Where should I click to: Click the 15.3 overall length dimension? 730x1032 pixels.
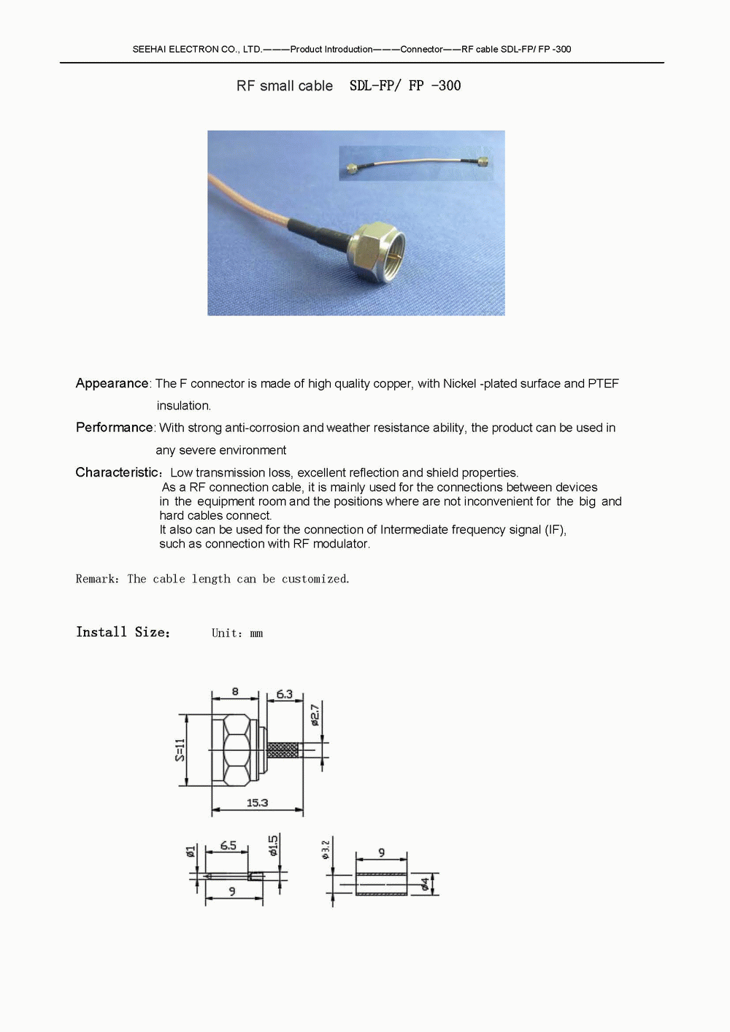tap(257, 802)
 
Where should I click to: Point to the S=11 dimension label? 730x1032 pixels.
tap(180, 750)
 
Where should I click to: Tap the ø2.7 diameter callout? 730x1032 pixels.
tap(315, 715)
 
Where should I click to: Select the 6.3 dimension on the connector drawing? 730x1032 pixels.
tap(284, 693)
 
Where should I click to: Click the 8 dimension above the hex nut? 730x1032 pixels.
tap(235, 691)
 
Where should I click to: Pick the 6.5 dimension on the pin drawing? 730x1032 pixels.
tap(228, 845)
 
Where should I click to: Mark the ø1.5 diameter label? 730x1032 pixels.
tap(273, 845)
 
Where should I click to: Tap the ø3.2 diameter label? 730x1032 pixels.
tap(326, 849)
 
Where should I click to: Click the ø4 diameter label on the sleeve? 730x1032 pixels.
tap(425, 885)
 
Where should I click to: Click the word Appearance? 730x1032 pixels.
tap(112, 383)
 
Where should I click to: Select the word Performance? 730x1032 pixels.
tap(115, 427)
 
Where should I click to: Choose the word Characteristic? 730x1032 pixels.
tap(117, 472)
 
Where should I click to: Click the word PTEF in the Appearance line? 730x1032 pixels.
tap(603, 383)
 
